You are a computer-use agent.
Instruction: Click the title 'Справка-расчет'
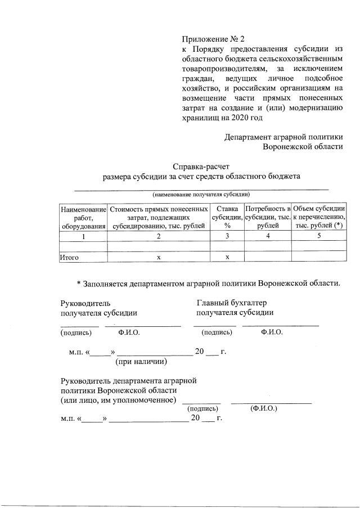coord(201,166)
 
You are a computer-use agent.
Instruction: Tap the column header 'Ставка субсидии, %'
coord(227,217)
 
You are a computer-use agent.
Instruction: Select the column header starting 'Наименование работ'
coord(83,217)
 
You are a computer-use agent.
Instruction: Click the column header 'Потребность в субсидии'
coord(268,217)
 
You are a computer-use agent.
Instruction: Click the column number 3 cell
coord(227,236)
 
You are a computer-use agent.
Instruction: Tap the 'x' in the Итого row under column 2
coord(159,257)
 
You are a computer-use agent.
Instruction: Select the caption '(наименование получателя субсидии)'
coord(201,194)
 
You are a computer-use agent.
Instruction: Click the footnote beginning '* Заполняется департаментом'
coord(208,283)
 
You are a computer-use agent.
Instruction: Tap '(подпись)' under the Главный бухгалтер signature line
coord(217,332)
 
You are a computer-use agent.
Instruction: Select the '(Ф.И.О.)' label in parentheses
coord(264,410)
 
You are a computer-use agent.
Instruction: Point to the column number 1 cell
coord(83,236)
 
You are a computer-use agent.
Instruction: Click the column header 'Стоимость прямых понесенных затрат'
coord(159,217)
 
